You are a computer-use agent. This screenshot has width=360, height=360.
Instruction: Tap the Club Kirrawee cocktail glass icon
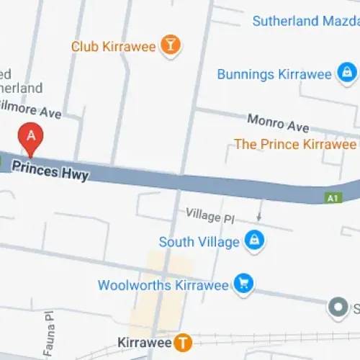click(170, 45)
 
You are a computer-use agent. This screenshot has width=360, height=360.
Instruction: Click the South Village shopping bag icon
click(253, 241)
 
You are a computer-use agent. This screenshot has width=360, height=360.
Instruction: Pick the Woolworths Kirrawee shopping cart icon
click(243, 284)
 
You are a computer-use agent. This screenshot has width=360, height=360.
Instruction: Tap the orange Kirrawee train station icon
click(184, 341)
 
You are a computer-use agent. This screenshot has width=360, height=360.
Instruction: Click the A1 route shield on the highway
click(331, 197)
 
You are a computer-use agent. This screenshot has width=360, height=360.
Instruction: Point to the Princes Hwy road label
click(60, 171)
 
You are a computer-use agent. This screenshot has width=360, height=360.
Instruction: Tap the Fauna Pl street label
click(49, 331)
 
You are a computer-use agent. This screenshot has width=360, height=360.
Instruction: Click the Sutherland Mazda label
click(305, 21)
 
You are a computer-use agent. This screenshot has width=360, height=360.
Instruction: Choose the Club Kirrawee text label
click(113, 46)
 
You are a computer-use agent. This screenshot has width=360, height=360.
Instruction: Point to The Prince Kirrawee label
click(295, 144)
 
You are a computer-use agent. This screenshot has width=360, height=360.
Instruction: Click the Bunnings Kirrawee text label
click(274, 73)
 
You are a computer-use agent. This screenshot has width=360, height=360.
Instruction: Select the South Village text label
click(199, 241)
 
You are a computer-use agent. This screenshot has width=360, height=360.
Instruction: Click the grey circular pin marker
click(337, 308)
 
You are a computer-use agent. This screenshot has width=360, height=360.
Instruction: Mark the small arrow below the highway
click(259, 216)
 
